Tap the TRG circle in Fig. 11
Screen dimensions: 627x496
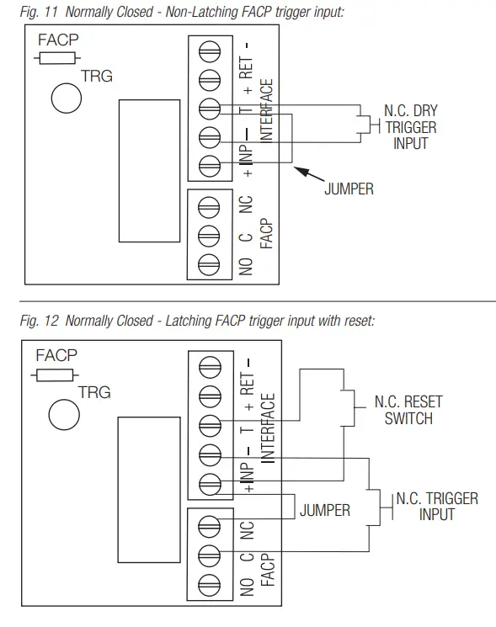[x=67, y=98]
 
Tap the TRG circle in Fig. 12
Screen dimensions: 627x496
[x=63, y=413]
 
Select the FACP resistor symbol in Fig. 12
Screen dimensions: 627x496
[x=55, y=375]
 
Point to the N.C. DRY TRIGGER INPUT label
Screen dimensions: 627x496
[x=410, y=127]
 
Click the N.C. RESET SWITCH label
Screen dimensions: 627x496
[x=408, y=411]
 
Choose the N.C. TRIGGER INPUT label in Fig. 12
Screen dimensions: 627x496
[x=436, y=506]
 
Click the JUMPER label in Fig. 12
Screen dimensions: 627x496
[x=325, y=511]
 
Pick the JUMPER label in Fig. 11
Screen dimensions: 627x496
[x=349, y=190]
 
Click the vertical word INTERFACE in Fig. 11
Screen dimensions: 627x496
[x=265, y=110]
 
